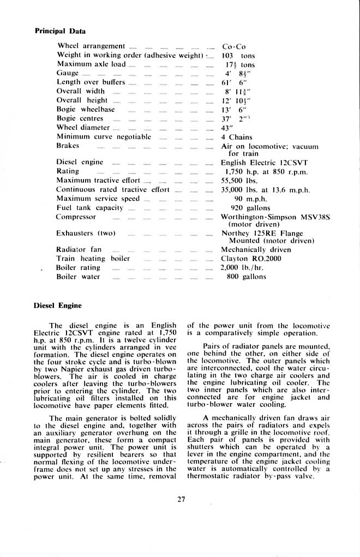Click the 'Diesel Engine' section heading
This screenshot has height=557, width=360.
pos(57,306)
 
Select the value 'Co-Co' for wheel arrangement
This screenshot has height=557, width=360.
pos(234,46)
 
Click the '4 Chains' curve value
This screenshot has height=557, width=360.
pos(236,137)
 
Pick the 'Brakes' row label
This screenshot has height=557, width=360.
pos(68,146)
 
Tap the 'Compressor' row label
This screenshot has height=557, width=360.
pos(76,217)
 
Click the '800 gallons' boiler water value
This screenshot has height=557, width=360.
pos(247,277)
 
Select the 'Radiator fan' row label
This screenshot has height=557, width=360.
pos(79,249)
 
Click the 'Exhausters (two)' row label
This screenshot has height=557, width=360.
pos(86,233)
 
